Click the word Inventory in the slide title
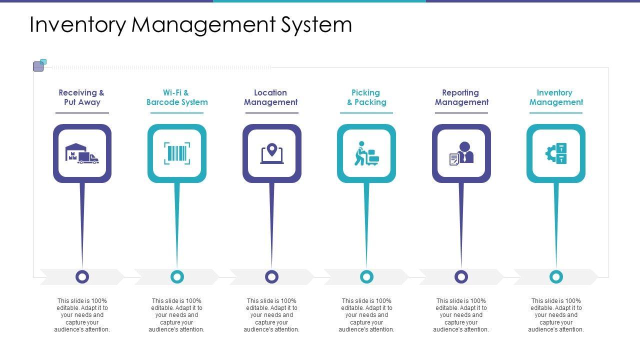pyautogui.click(x=77, y=25)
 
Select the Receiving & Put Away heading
pyautogui.click(x=82, y=97)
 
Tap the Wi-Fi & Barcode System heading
pyautogui.click(x=177, y=97)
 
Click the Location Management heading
pyautogui.click(x=271, y=97)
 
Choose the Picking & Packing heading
pyautogui.click(x=366, y=97)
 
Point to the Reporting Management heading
pyautogui.click(x=461, y=97)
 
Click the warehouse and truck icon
pyautogui.click(x=82, y=153)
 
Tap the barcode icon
pyautogui.click(x=177, y=153)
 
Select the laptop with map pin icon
pyautogui.click(x=272, y=153)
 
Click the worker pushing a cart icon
pyautogui.click(x=366, y=153)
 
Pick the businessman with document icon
pyautogui.click(x=461, y=153)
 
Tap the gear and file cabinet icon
pyautogui.click(x=556, y=153)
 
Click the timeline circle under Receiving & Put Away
pyautogui.click(x=82, y=276)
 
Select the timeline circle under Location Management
pyautogui.click(x=272, y=276)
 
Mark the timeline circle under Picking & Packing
pyautogui.click(x=366, y=276)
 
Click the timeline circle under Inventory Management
pyautogui.click(x=556, y=276)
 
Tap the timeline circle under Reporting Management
pyautogui.click(x=461, y=276)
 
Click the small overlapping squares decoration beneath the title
pyautogui.click(x=39, y=65)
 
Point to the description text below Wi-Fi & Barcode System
pyautogui.click(x=177, y=315)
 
